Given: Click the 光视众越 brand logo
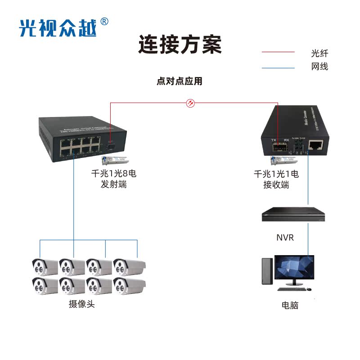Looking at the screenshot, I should (x=58, y=28).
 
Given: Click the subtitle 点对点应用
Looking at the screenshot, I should (x=180, y=81).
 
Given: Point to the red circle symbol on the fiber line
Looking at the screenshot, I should (x=191, y=103).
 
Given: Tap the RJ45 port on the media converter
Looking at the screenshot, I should (x=315, y=145).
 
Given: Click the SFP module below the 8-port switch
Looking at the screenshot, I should (x=112, y=160).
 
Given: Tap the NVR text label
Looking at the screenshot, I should (x=285, y=237).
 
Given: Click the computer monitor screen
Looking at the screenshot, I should (x=295, y=269).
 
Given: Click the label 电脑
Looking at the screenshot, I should (x=290, y=306).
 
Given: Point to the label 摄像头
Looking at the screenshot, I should (x=82, y=304).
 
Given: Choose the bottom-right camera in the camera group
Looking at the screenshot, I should (x=129, y=285).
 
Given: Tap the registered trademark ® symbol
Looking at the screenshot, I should (x=104, y=21).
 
